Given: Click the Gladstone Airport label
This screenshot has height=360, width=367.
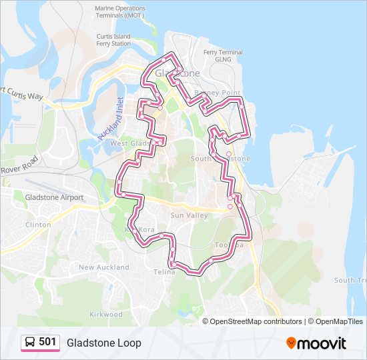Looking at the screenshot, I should [x=54, y=197].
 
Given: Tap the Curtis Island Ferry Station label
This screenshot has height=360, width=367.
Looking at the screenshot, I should [x=113, y=40].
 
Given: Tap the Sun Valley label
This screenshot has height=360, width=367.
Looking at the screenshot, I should [x=185, y=216].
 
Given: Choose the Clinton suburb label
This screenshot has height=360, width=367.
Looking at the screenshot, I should [x=38, y=225].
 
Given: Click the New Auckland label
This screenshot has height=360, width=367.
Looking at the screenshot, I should [x=104, y=267].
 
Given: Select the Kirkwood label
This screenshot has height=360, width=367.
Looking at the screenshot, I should [x=107, y=314].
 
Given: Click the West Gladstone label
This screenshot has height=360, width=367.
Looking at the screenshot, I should [x=131, y=143].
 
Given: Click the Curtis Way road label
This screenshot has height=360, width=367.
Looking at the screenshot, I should [x=24, y=95].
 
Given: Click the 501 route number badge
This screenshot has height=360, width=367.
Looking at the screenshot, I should [x=47, y=342].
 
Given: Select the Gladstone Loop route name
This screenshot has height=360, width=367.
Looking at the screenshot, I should [x=103, y=343].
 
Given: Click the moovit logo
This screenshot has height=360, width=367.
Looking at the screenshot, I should [x=316, y=343].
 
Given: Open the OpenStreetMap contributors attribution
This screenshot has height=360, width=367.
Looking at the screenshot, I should [x=256, y=321].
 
